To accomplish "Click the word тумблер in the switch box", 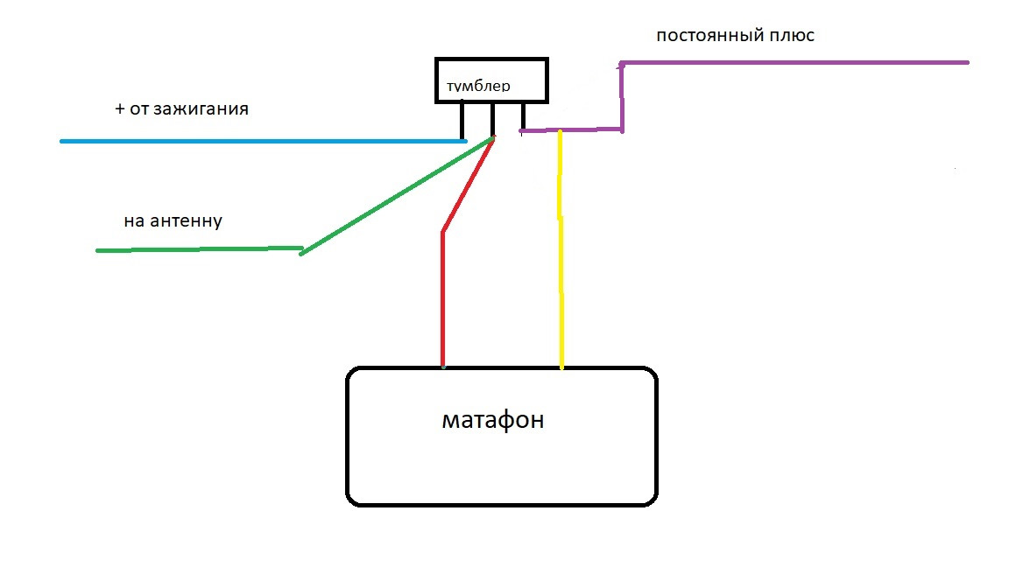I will tap(478, 87).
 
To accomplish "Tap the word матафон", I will tap(492, 420).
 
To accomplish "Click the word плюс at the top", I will tap(790, 37).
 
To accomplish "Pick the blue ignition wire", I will tap(263, 141).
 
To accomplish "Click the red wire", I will tap(443, 297).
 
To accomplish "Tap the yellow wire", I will tap(561, 262).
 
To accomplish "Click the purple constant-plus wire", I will tap(788, 63).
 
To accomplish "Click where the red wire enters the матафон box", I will tap(443, 367).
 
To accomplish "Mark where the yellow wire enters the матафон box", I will tap(561, 367).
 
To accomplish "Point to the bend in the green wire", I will tap(301, 251).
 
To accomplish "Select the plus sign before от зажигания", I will tap(120, 110).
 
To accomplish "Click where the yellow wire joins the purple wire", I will tap(561, 131).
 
